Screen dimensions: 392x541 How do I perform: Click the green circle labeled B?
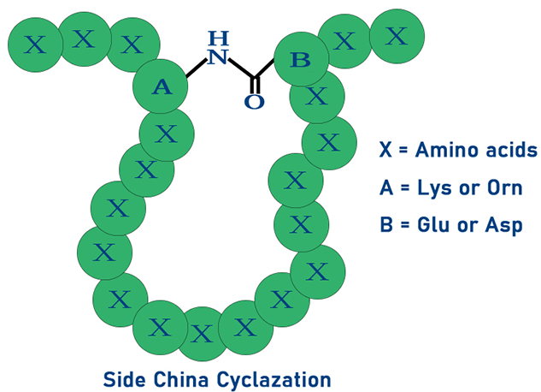click(300, 60)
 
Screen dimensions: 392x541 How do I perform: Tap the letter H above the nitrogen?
click(219, 39)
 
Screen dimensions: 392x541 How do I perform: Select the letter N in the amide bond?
click(219, 57)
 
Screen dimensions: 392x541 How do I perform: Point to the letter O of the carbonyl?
click(254, 102)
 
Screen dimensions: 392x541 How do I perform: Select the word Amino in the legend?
click(445, 150)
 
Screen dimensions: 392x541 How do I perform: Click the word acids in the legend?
click(509, 150)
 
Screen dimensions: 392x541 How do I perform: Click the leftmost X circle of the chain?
click(35, 45)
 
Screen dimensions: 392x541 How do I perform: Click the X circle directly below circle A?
click(166, 134)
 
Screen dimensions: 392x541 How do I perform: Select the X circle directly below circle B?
click(316, 97)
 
